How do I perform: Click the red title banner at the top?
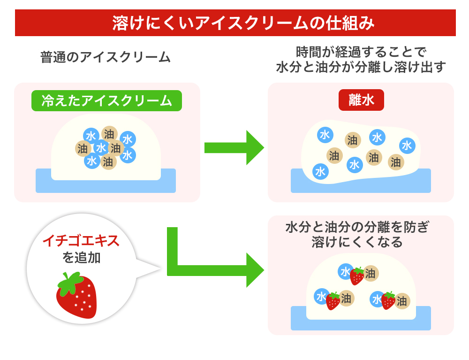tap(235, 23)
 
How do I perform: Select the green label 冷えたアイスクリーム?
tap(106, 100)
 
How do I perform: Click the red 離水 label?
tap(361, 100)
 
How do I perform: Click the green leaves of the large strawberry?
tap(70, 280)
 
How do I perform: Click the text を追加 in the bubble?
tap(81, 258)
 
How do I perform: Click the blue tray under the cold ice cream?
tap(106, 186)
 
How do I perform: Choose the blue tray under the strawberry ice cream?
tap(361, 324)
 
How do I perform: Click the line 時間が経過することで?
tap(361, 51)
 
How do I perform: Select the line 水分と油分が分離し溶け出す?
tap(361, 67)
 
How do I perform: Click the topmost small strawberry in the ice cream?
tap(357, 276)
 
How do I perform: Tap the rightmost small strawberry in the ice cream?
tap(388, 300)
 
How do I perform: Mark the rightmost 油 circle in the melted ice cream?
tap(396, 162)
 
